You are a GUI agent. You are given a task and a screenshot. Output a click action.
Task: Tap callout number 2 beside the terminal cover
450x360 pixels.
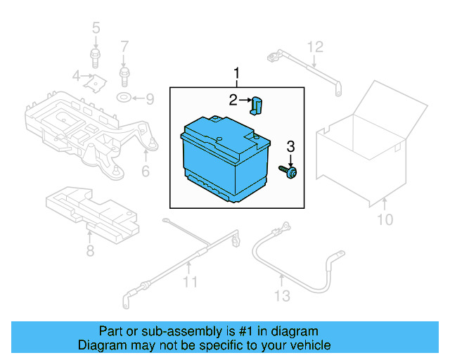(233, 101)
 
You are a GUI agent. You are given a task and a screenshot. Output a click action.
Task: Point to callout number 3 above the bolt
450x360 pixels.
(290, 146)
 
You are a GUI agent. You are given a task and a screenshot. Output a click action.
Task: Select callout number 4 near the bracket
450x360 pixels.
(76, 76)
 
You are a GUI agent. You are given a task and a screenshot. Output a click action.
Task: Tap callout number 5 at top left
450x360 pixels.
(96, 28)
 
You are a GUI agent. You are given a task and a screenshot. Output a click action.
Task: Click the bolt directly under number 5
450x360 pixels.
(96, 56)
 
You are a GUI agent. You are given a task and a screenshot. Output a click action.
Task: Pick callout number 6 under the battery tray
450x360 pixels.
(146, 172)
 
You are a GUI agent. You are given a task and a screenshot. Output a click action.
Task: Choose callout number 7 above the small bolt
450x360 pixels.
(124, 47)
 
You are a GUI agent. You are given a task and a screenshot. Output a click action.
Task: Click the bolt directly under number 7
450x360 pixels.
(124, 72)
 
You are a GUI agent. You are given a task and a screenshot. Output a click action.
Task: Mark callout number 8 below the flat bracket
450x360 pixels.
(90, 251)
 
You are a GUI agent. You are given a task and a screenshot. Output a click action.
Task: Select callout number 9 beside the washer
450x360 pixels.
(149, 99)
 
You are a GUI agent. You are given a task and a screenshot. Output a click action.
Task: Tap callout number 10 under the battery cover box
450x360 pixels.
(385, 221)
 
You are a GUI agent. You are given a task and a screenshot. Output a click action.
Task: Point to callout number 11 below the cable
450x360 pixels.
(189, 283)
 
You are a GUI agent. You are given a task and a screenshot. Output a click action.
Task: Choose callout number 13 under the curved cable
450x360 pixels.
(281, 296)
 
